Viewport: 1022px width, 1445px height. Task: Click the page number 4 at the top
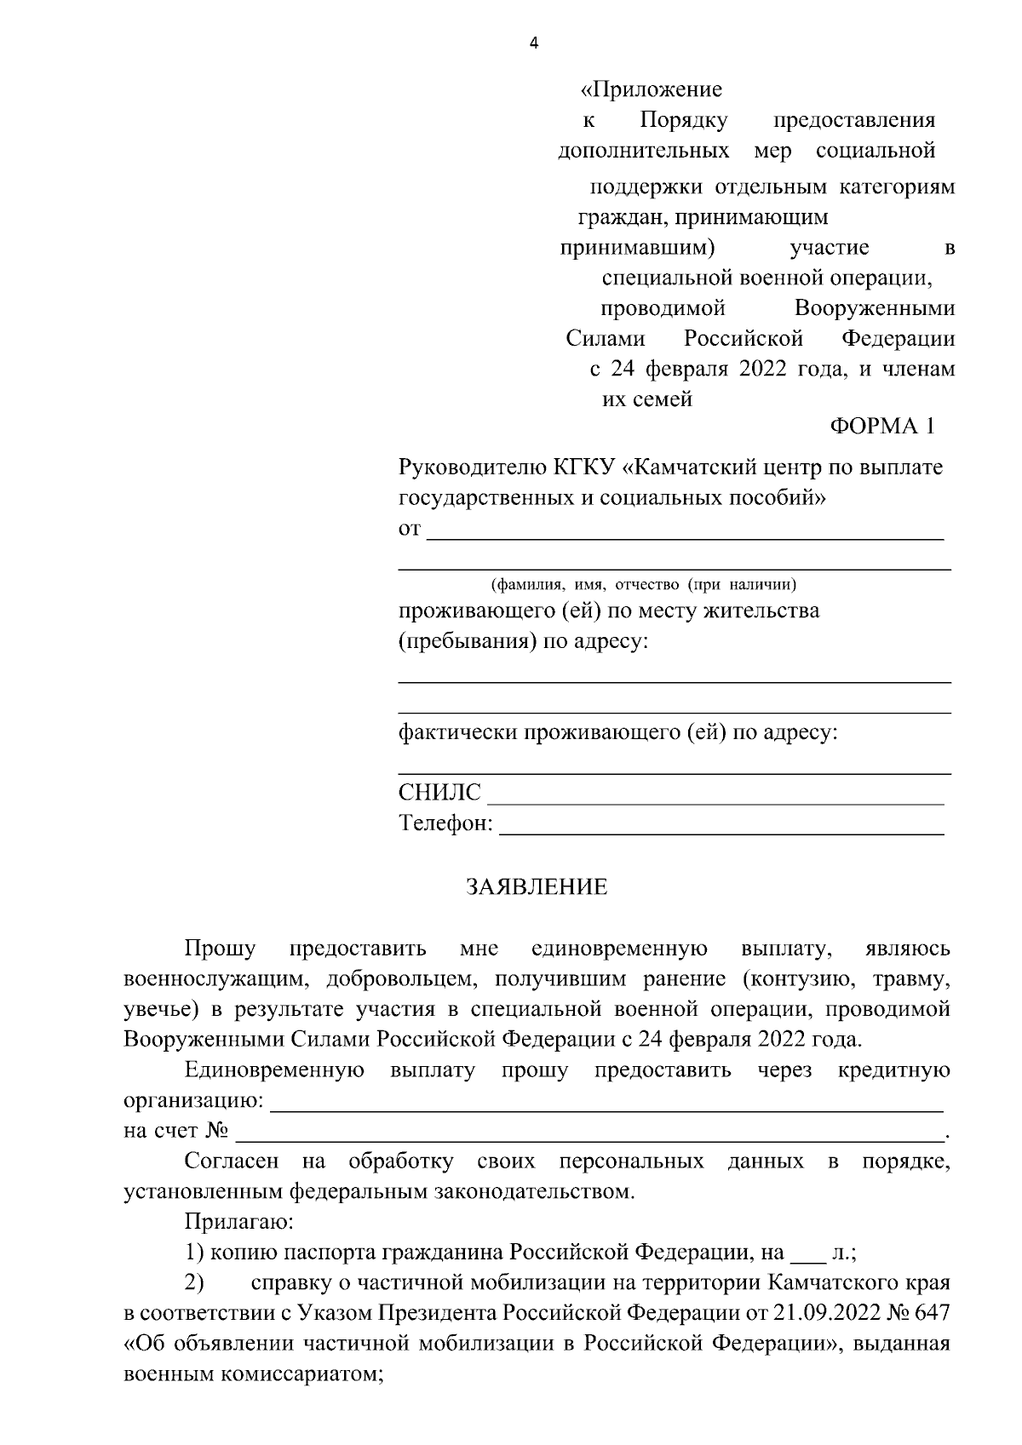pos(534,45)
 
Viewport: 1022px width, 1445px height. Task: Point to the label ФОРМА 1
pos(882,427)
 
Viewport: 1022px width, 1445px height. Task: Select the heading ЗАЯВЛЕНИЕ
pos(537,887)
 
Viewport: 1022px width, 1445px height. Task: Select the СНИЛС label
pos(439,794)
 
